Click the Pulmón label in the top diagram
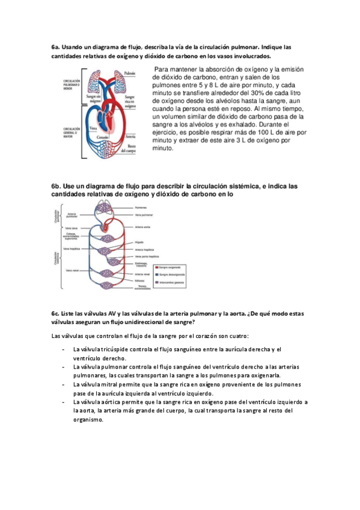(129, 73)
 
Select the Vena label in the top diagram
(93, 128)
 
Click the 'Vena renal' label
(71, 269)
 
